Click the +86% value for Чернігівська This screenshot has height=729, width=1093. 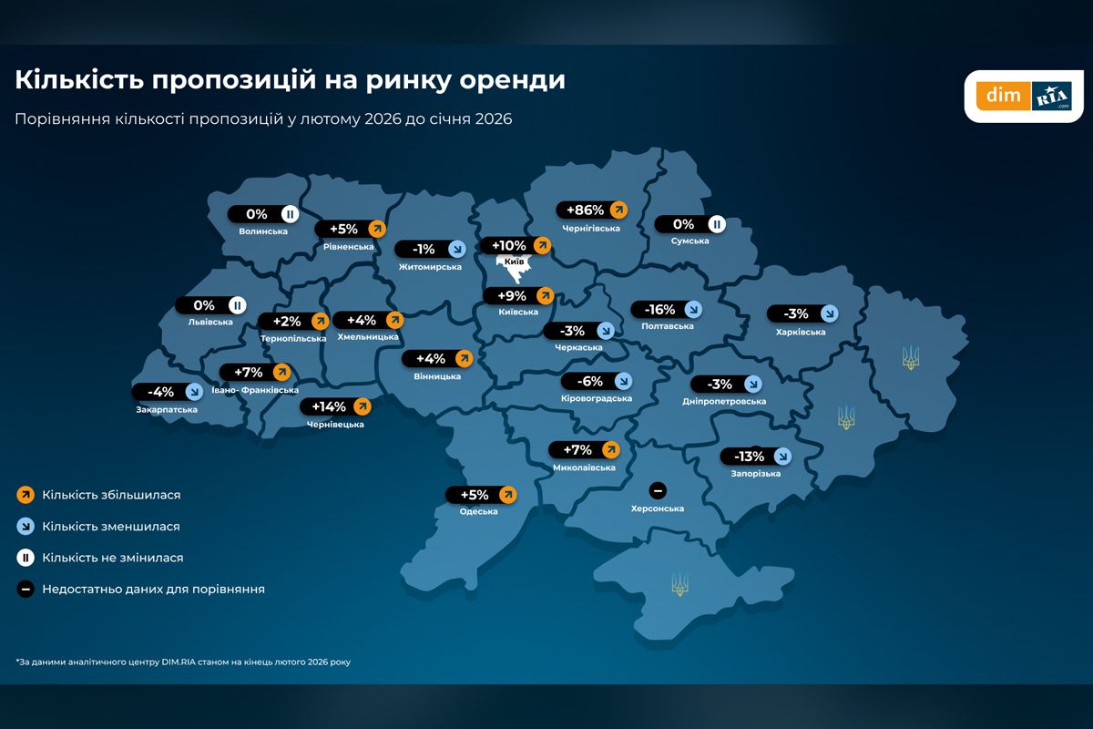click(585, 210)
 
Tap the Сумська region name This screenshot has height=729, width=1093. click(690, 241)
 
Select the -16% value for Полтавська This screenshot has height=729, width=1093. click(659, 309)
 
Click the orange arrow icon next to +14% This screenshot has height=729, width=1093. click(363, 406)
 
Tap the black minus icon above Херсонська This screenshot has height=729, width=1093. click(658, 489)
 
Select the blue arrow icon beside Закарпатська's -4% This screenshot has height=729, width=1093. click(193, 392)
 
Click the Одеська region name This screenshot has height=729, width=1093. click(479, 511)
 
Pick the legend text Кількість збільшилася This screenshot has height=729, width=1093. click(111, 495)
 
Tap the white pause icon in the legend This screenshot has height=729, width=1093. click(26, 558)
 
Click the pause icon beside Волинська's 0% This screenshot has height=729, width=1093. click(289, 214)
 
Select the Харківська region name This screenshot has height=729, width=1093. click(801, 332)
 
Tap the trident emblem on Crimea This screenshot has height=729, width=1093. click(679, 584)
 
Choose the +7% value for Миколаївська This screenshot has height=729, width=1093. click(577, 449)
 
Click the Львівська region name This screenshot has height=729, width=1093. click(210, 322)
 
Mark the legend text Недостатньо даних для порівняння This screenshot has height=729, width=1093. click(153, 590)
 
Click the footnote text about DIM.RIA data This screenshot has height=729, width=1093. click(183, 662)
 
